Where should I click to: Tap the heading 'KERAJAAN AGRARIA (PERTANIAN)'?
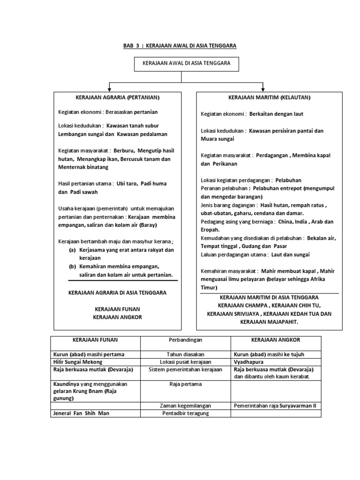click(118, 97)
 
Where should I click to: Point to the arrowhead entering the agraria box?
click(110, 90)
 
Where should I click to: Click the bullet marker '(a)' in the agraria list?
click(72, 250)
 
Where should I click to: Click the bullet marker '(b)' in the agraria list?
click(72, 266)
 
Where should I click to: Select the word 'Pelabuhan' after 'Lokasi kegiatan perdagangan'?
click(288, 180)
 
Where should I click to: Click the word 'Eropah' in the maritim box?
click(210, 230)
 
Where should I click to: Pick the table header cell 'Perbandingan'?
click(185, 339)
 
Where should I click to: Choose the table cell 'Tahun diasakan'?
click(185, 354)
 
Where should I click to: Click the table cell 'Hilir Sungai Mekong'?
click(77, 362)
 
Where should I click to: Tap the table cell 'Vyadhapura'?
click(248, 362)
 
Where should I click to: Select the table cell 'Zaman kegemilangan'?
click(185, 405)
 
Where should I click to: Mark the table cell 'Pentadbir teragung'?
click(185, 413)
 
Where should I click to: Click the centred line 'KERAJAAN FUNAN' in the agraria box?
click(118, 309)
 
